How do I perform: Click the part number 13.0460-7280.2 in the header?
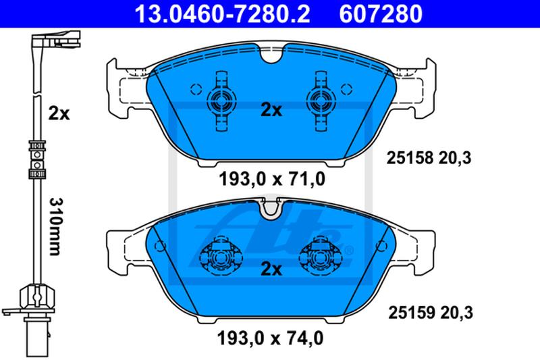pyautogui.click(x=222, y=14)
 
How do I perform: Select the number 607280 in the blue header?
pyautogui.click(x=381, y=14)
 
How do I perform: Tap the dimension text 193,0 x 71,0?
pyautogui.click(x=272, y=179)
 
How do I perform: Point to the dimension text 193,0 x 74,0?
pyautogui.click(x=271, y=338)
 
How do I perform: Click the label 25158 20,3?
pyautogui.click(x=429, y=158)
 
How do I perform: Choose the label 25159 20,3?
pyautogui.click(x=431, y=313)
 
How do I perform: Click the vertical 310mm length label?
pyautogui.click(x=55, y=226)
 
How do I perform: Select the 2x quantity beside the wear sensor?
pyautogui.click(x=59, y=113)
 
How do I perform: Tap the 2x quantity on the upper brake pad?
pyautogui.click(x=271, y=110)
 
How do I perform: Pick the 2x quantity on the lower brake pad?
pyautogui.click(x=271, y=269)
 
